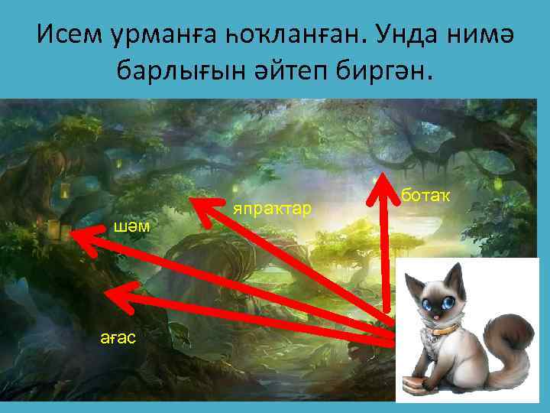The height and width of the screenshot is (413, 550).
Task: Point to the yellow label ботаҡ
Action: tap(425, 197)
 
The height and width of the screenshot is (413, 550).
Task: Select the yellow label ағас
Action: tap(118, 337)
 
